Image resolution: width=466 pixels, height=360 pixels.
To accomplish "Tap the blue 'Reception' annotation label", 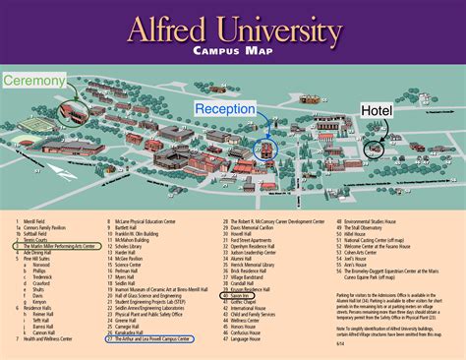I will [224, 108].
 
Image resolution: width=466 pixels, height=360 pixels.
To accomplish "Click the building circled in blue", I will [263, 150].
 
